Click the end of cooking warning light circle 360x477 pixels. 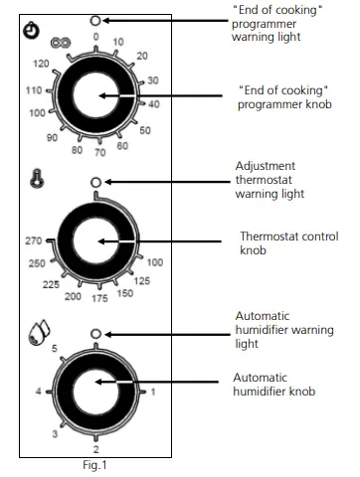pyautogui.click(x=95, y=20)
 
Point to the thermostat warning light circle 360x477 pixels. pyautogui.click(x=95, y=182)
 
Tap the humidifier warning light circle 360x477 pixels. pyautogui.click(x=95, y=334)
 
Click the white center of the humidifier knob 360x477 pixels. pyautogui.click(x=95, y=392)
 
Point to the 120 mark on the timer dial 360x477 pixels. pyautogui.click(x=42, y=64)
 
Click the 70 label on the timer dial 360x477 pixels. pyautogui.click(x=98, y=154)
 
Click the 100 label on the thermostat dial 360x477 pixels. pyautogui.click(x=155, y=263)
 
